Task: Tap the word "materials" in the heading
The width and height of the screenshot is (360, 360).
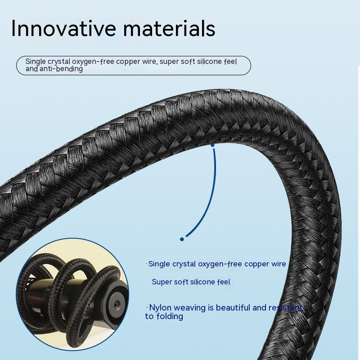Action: pos(169,28)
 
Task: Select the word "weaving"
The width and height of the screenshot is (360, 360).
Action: pos(189,308)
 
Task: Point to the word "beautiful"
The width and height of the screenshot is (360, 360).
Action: pos(233,307)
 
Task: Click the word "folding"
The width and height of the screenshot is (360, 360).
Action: pos(170,316)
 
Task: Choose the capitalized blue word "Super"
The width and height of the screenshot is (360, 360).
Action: pos(162,282)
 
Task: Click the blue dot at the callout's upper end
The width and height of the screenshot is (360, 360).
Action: pos(212,145)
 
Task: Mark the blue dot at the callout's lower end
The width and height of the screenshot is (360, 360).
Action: pos(182,239)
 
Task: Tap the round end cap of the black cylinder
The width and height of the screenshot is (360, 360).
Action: pos(117,305)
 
